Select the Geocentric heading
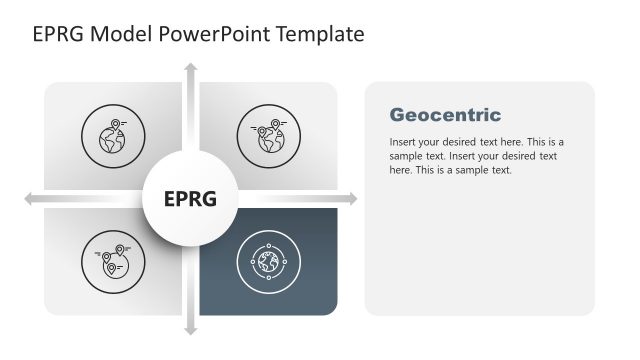point(445,115)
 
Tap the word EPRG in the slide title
point(58,34)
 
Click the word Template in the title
point(318,34)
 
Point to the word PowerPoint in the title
point(208,34)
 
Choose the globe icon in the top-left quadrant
point(112,139)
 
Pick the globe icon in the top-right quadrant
point(267,138)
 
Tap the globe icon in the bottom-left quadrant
point(112,262)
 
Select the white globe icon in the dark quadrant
point(268,262)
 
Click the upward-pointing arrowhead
point(190,68)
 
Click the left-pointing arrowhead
point(29,199)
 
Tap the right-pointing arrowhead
point(351,199)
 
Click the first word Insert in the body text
point(402,142)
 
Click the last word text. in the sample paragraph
point(499,170)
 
